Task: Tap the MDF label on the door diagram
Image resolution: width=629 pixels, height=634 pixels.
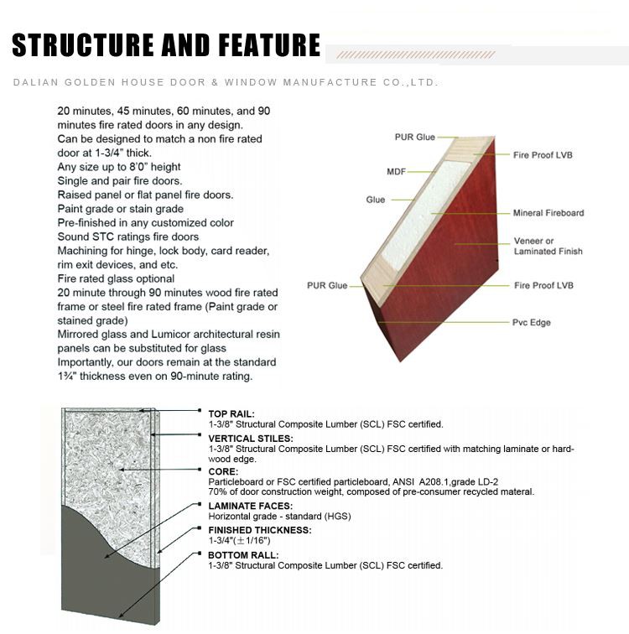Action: [x=396, y=171]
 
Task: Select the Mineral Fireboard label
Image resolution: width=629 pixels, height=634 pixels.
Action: [x=548, y=213]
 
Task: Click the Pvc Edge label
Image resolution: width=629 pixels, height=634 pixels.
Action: [x=533, y=322]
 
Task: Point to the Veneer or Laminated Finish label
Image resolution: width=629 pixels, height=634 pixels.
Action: [x=548, y=247]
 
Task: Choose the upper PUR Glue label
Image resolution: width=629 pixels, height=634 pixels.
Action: [x=415, y=137]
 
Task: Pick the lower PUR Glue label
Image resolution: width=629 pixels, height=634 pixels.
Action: [x=327, y=286]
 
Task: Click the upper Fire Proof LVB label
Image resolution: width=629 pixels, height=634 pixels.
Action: [x=543, y=155]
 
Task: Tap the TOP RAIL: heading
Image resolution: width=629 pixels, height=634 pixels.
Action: [x=231, y=413]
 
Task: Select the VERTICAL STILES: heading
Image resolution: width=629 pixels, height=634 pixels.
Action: [x=251, y=439]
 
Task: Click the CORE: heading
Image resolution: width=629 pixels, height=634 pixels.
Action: [x=223, y=471]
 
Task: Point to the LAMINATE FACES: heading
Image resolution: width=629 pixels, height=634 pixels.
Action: [x=249, y=505]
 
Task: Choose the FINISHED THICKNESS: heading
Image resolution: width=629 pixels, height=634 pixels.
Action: [x=259, y=530]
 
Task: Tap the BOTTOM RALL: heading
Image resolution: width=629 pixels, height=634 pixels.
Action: [x=244, y=555]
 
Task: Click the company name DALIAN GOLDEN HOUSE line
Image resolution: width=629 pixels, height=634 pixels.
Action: [x=226, y=82]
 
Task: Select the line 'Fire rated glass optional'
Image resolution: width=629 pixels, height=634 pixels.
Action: [x=116, y=278]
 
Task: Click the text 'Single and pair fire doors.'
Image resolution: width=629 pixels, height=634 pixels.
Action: [x=119, y=180]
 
